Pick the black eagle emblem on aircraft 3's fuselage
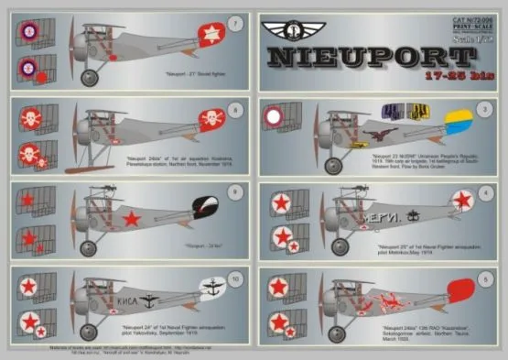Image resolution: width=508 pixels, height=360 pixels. tap(374, 134)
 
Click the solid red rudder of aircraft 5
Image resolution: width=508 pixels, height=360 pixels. tap(460, 292)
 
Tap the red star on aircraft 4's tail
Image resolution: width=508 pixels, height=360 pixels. tap(464, 200)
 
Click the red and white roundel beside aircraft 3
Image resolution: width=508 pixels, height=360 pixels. tap(276, 116)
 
